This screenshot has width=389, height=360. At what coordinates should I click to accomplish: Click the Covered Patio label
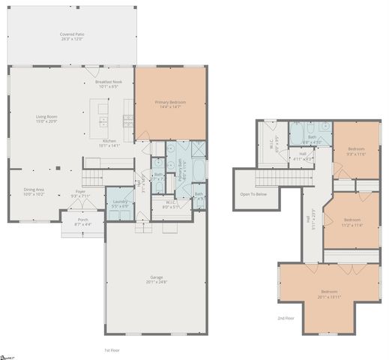(72, 36)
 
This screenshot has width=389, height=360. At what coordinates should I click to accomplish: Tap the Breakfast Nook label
(113, 83)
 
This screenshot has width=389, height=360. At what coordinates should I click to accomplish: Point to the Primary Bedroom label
(170, 103)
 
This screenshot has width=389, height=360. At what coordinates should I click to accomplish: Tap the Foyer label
(81, 193)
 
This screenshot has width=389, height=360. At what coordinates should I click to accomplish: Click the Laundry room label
(119, 202)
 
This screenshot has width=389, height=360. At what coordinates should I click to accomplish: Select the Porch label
(82, 221)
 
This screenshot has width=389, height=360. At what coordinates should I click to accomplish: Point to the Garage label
(157, 279)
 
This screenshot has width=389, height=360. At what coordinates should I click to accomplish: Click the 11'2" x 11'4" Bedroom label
(352, 222)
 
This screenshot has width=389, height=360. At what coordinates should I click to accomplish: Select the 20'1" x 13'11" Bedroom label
(330, 293)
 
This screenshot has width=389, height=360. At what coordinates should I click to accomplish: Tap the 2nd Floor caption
(286, 318)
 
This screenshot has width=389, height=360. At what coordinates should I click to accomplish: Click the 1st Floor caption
(111, 350)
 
